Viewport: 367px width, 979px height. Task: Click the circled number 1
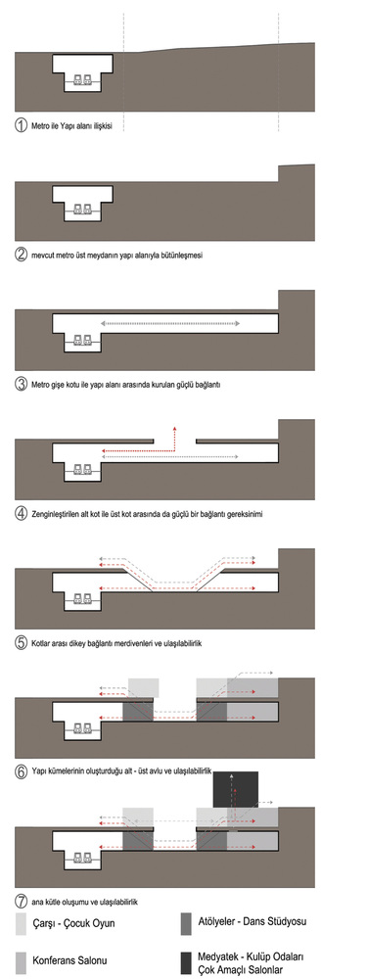tap(22, 125)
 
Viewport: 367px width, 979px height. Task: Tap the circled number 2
tap(22, 255)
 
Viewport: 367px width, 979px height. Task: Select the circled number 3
tap(22, 384)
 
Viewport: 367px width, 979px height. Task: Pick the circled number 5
tap(22, 642)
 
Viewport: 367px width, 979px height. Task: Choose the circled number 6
tap(22, 771)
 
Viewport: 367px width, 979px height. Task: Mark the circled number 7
tap(22, 901)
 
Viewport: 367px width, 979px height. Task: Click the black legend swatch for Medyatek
tap(186, 961)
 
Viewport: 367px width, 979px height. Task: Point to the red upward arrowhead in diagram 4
tap(174, 429)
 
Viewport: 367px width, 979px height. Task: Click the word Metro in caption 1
tap(40, 125)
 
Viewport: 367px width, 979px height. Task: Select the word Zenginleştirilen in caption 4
tap(59, 515)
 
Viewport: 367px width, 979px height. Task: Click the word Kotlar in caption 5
tap(41, 642)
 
